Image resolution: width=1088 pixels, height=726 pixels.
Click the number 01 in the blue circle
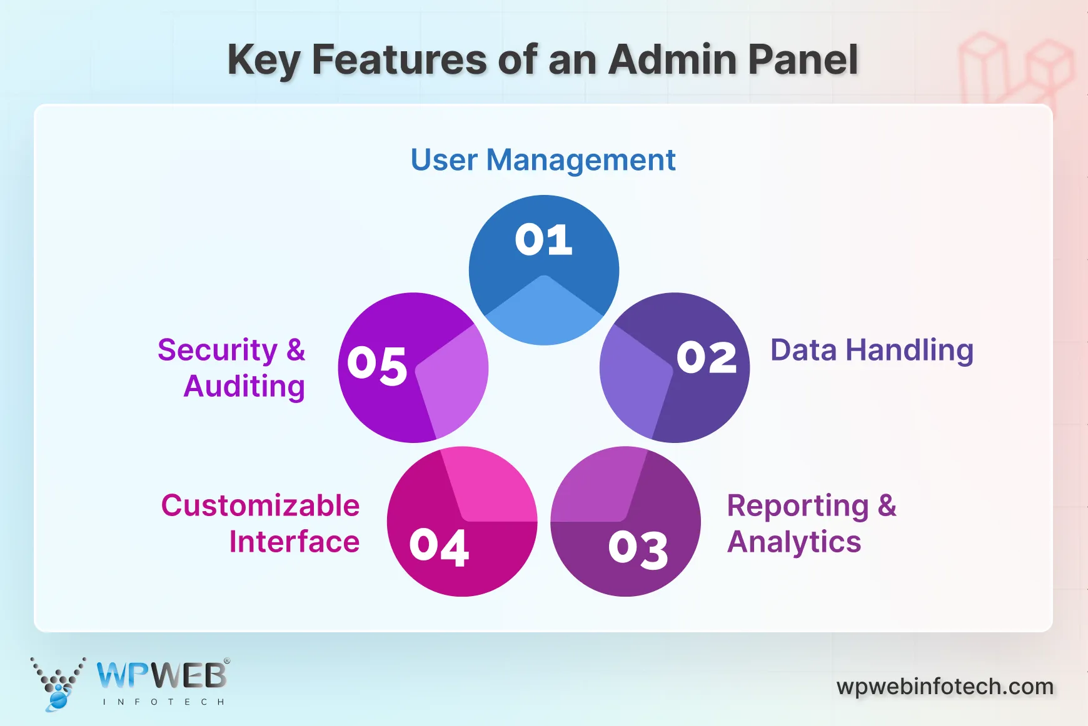pyautogui.click(x=543, y=239)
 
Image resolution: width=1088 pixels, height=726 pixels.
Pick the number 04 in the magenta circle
pyautogui.click(x=439, y=547)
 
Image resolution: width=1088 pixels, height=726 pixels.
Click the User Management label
pyautogui.click(x=543, y=160)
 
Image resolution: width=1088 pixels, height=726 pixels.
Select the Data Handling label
pyautogui.click(x=872, y=350)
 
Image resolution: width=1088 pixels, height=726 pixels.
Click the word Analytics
pyautogui.click(x=794, y=542)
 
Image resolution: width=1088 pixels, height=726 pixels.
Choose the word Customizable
pyautogui.click(x=260, y=505)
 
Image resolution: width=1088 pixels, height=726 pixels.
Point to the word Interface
pyautogui.click(x=294, y=542)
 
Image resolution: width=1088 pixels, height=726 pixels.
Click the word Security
pyautogui.click(x=217, y=350)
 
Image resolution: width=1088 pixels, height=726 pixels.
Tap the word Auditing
pyautogui.click(x=244, y=386)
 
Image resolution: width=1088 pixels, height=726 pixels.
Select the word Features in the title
pyautogui.click(x=399, y=60)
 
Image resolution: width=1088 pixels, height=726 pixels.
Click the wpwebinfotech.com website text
pyautogui.click(x=945, y=687)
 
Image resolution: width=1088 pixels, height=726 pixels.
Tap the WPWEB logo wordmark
pyautogui.click(x=161, y=675)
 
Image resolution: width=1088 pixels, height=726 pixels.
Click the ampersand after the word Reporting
pyautogui.click(x=887, y=505)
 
